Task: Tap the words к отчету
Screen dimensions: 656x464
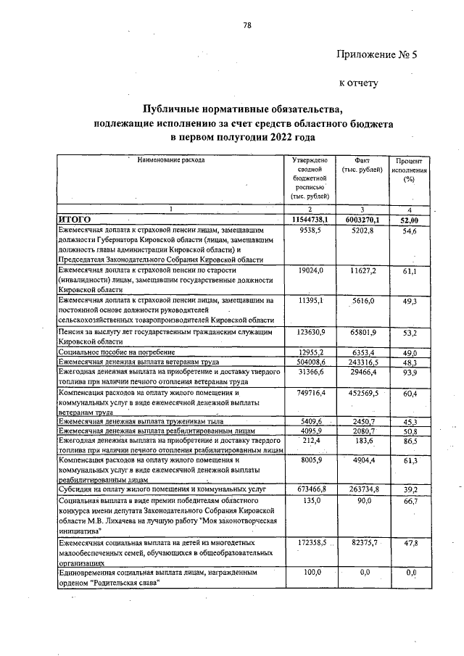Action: (360, 83)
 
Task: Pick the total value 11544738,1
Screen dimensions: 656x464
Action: (310, 217)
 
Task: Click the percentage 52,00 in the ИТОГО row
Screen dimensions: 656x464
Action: (412, 218)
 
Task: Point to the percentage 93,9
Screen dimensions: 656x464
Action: (412, 373)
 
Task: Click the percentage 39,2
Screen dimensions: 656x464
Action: (412, 489)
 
